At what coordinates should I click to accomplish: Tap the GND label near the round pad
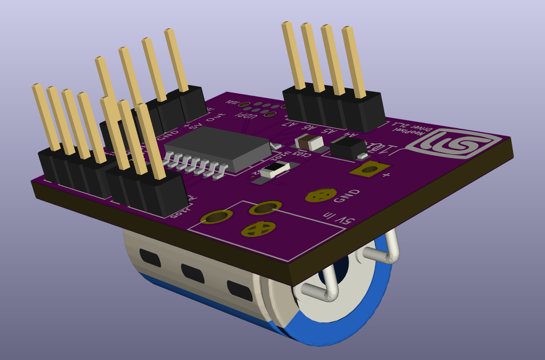pos(347,196)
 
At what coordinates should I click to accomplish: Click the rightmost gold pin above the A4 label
pos(355,63)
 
